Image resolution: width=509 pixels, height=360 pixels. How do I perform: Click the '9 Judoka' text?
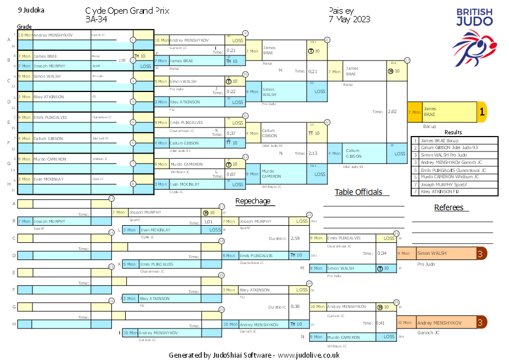pos(31,10)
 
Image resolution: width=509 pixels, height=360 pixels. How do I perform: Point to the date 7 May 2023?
pos(350,19)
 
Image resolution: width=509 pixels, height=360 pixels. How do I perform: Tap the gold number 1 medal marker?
pos(482,112)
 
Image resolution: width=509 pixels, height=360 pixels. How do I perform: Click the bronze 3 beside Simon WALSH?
pos(482,253)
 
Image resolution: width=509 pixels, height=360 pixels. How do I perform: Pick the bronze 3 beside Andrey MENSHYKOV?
pos(482,322)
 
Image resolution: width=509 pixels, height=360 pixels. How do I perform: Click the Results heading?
pos(453,133)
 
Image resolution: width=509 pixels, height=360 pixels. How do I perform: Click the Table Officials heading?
pos(358,192)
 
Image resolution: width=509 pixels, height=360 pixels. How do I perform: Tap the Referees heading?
pos(448,207)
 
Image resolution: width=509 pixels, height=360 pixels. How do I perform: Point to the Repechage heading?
pos(254,201)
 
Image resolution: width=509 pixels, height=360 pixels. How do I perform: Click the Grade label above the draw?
pos(25,27)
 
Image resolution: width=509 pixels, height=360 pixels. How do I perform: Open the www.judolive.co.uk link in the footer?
pos(308,355)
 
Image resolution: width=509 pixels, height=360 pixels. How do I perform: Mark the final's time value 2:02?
pos(393,112)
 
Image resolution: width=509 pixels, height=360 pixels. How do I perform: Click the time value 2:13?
pos(312,153)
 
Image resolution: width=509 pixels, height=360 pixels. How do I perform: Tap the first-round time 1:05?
pos(122,60)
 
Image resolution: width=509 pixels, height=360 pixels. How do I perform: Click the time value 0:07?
pos(231,174)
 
